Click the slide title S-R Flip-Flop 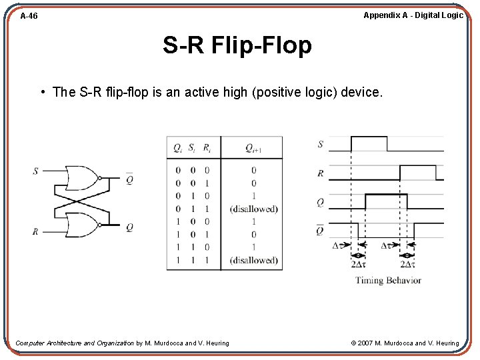[x=237, y=46]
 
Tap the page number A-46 [x=29, y=16]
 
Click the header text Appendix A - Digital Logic [x=413, y=15]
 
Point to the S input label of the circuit [x=35, y=171]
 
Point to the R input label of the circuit [x=35, y=232]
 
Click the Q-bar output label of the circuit [x=129, y=178]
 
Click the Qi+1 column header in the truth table [x=253, y=148]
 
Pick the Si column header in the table [x=192, y=148]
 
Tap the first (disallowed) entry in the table [x=253, y=209]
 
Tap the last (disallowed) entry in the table [x=253, y=261]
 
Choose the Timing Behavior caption [x=388, y=281]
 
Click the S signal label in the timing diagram [x=321, y=144]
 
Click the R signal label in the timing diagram [x=321, y=173]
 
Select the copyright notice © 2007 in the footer [x=405, y=343]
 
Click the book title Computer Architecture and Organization [x=75, y=343]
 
